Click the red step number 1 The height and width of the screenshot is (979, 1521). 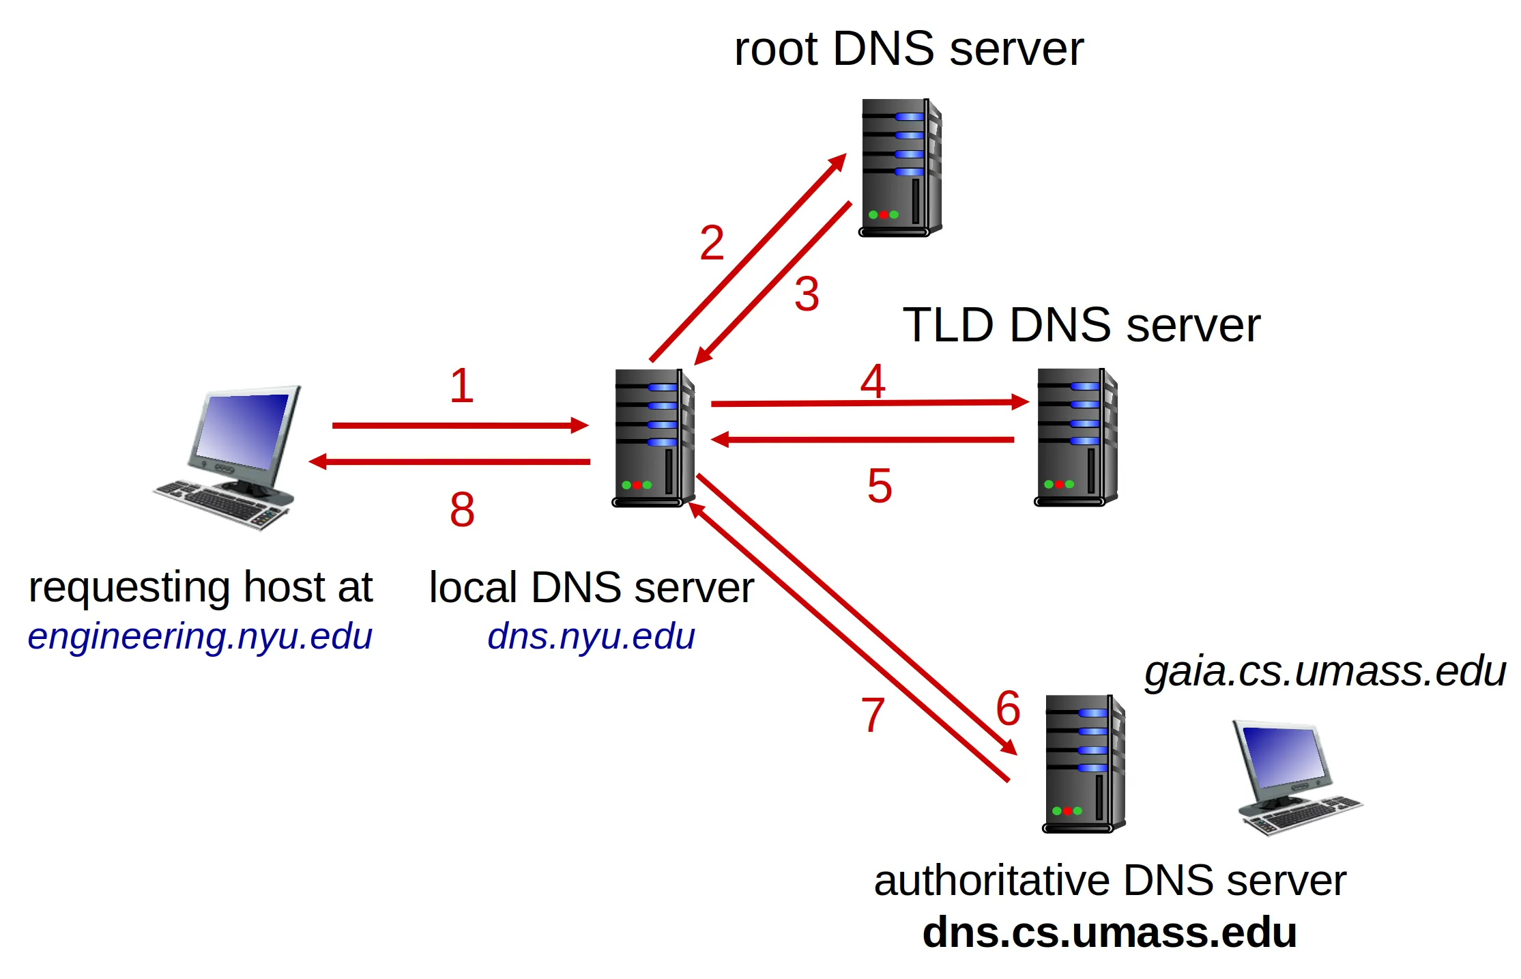click(x=462, y=386)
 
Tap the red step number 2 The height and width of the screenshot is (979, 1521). click(x=712, y=243)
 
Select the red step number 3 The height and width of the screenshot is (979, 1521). click(x=807, y=295)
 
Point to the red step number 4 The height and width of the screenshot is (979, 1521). click(x=873, y=381)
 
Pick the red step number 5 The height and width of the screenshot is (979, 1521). click(x=880, y=486)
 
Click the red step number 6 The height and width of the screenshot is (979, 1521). click(x=1008, y=708)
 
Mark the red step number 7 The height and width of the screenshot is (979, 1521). click(x=873, y=715)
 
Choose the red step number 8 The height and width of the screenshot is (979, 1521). click(x=462, y=510)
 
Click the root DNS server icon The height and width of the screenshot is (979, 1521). click(x=900, y=168)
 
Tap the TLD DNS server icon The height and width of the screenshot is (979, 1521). click(x=1076, y=437)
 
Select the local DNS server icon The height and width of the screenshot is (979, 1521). click(x=654, y=438)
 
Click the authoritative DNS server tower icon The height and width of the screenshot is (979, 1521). click(x=1084, y=764)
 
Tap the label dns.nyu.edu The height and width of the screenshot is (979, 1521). click(x=591, y=636)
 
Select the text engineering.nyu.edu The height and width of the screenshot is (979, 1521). click(x=200, y=636)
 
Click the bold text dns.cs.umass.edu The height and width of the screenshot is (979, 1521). click(x=1110, y=933)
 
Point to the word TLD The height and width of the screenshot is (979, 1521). click(x=948, y=325)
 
